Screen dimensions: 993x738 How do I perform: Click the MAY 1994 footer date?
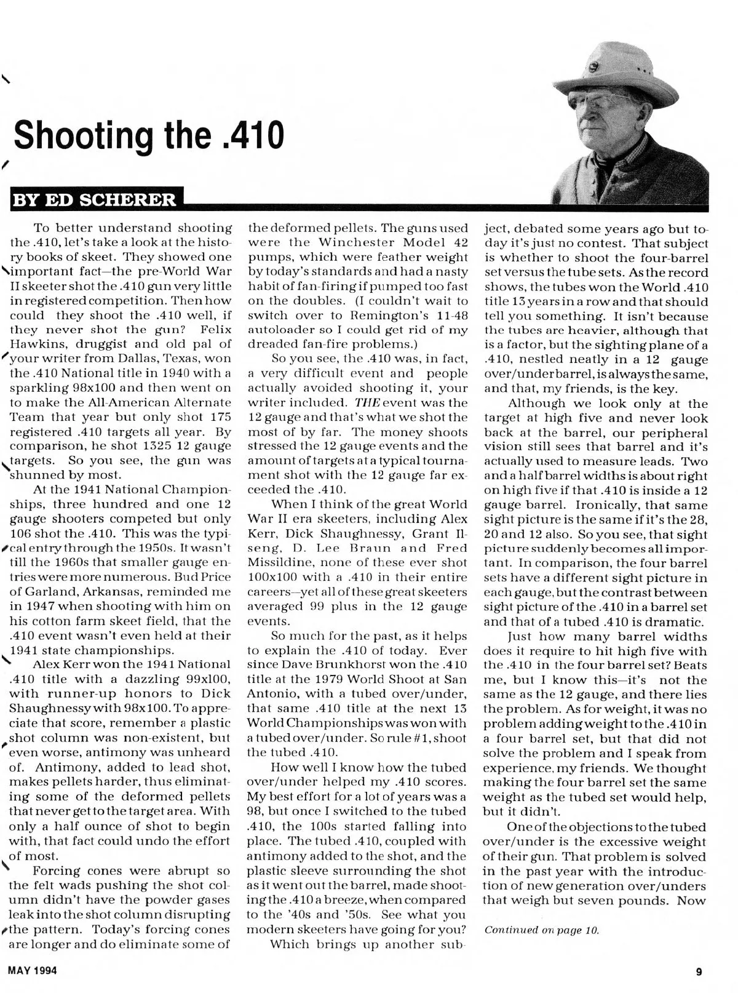33,971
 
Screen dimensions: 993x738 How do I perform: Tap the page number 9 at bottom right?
699,972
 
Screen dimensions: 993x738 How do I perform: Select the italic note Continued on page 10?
541,930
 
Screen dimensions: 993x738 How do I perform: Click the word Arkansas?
108,592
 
